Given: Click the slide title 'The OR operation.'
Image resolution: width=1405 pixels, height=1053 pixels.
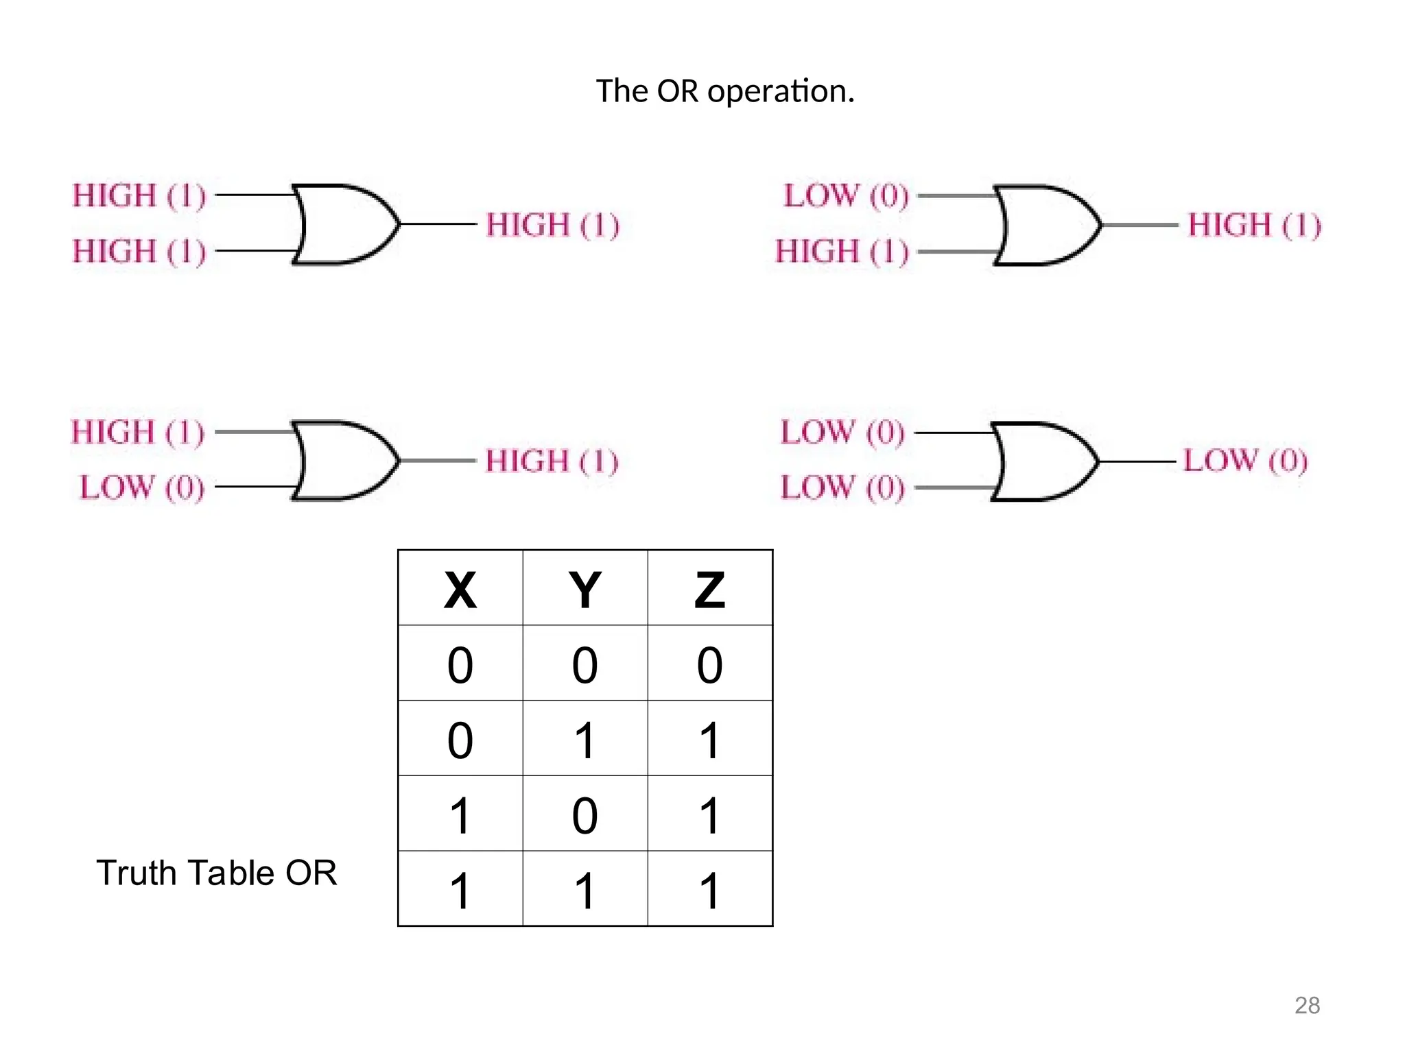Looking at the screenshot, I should pyautogui.click(x=725, y=91).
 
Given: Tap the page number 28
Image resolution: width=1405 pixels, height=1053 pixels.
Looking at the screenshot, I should pyautogui.click(x=1307, y=1005).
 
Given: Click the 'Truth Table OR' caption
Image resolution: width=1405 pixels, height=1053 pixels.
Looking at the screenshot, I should pyautogui.click(x=217, y=873).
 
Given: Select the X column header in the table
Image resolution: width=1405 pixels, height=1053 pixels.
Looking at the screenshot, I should pyautogui.click(x=460, y=590).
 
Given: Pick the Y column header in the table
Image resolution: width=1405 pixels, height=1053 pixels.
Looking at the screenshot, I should pyautogui.click(x=585, y=590).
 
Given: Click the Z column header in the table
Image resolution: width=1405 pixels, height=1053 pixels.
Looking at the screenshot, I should pyautogui.click(x=709, y=590).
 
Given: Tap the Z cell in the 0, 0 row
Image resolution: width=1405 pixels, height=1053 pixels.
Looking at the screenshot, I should pyautogui.click(x=709, y=664).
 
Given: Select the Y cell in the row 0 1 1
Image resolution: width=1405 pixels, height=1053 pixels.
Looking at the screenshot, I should pyautogui.click(x=585, y=740).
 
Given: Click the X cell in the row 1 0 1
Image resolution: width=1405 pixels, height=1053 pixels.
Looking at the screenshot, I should pyautogui.click(x=460, y=815).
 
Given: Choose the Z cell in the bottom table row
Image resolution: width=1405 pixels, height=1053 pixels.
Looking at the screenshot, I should pyautogui.click(x=709, y=891).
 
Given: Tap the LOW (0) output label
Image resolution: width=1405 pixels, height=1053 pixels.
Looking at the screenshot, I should pyautogui.click(x=1245, y=461).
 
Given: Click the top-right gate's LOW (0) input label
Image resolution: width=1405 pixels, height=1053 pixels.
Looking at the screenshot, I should pyautogui.click(x=846, y=196).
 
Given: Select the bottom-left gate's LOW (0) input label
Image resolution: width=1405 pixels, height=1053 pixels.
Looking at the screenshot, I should pyautogui.click(x=143, y=488).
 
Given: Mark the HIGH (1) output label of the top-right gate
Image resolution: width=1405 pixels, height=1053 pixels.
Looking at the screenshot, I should pyautogui.click(x=1254, y=225).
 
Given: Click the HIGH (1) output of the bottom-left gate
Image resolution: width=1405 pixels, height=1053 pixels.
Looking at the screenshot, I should pyautogui.click(x=552, y=461).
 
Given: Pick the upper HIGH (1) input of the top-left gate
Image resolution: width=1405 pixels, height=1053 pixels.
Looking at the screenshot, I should pyautogui.click(x=139, y=196).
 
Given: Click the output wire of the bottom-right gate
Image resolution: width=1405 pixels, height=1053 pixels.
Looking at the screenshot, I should pyautogui.click(x=1139, y=462).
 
